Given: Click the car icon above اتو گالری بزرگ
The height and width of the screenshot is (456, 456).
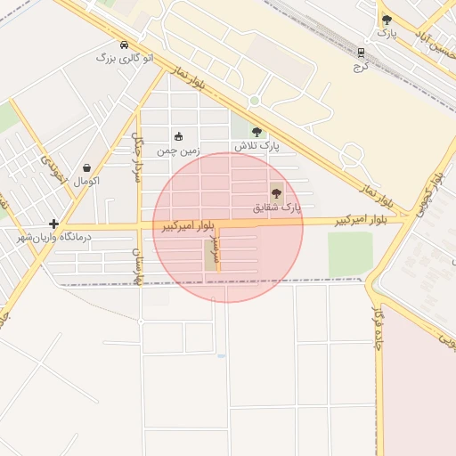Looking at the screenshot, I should click(x=123, y=45).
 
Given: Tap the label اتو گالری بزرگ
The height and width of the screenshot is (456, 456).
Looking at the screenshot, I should click(x=125, y=58).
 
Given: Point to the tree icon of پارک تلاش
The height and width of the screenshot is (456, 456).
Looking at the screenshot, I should click(x=256, y=132).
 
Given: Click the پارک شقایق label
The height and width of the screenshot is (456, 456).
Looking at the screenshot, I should click(x=277, y=207).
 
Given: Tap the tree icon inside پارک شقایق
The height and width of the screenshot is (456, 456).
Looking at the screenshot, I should click(x=276, y=192).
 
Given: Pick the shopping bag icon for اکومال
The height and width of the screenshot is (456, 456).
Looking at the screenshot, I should click(x=87, y=167).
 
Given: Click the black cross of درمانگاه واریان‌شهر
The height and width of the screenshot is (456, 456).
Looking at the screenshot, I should click(x=54, y=224).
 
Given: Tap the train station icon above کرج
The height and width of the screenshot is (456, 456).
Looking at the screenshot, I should click(x=361, y=53).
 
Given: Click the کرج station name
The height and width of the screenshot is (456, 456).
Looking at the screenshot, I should click(x=361, y=66).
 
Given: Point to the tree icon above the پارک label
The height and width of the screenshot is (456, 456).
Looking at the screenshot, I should click(x=386, y=20).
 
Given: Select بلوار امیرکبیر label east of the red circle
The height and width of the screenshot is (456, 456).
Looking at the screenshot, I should click(x=362, y=219).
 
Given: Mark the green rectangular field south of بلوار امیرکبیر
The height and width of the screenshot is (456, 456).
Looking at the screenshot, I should click(x=350, y=254).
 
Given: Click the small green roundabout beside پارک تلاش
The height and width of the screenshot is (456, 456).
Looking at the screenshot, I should click(x=254, y=101).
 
